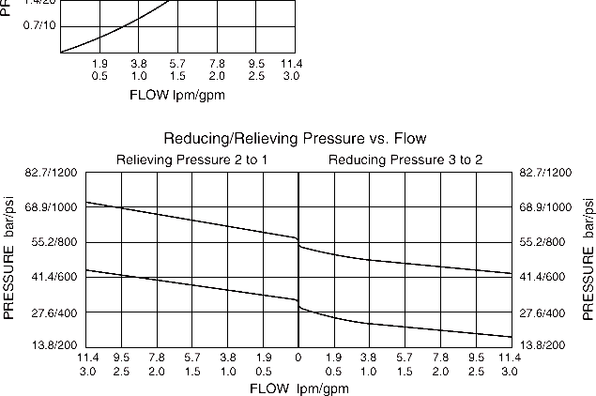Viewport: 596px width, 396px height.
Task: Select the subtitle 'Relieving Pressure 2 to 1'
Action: coord(191,160)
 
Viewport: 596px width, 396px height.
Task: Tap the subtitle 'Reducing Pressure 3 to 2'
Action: coord(405,160)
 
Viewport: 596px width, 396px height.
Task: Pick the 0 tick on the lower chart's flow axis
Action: coord(298,358)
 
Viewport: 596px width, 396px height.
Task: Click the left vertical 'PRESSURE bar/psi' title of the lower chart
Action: coord(12,259)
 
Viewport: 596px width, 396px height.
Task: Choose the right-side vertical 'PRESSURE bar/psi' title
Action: coord(588,259)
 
